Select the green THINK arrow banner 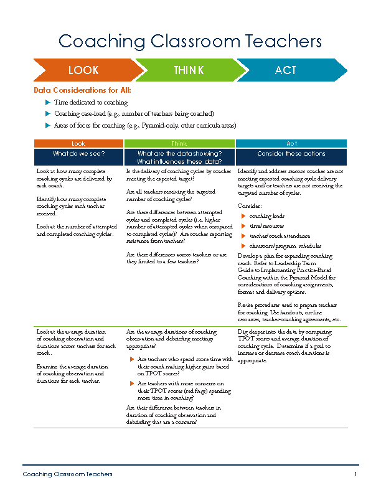tap(188, 70)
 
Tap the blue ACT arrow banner tap(286, 70)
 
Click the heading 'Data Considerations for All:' tap(82, 90)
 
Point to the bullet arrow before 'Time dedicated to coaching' tap(48, 102)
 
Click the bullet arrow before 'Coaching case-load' tap(48, 114)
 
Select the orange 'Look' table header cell tap(78, 144)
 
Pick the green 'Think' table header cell tap(179, 144)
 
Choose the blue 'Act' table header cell tap(291, 144)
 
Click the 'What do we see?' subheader tap(78, 153)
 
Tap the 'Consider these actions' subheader tap(291, 153)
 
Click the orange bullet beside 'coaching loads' tap(243, 215)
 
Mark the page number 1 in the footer tap(355, 474)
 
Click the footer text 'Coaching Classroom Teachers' tap(68, 474)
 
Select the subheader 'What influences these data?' tap(179, 162)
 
